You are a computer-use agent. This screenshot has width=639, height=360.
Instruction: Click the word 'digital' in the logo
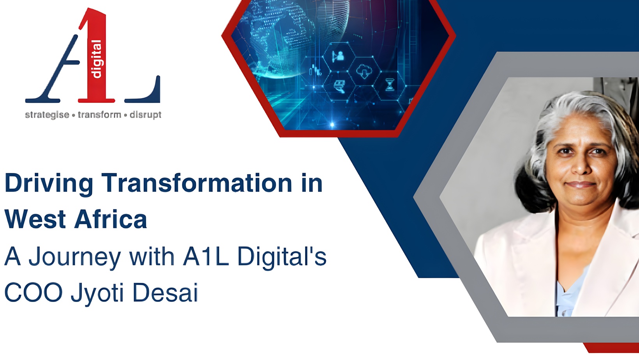tap(96, 59)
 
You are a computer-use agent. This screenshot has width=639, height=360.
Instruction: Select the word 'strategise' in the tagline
tap(47, 115)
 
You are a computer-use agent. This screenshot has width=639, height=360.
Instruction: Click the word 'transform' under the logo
tap(99, 115)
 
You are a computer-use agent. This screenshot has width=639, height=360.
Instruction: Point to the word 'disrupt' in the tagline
tap(145, 115)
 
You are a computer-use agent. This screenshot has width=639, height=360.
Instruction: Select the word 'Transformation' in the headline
tap(197, 183)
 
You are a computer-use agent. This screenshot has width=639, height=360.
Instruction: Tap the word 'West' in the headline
tap(35, 219)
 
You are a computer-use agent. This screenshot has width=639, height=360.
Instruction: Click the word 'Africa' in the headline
tap(111, 219)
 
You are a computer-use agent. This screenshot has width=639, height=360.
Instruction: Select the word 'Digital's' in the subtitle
tap(282, 257)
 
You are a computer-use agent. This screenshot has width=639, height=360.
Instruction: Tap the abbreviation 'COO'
tap(34, 293)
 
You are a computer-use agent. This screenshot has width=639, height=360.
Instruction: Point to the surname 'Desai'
tap(165, 293)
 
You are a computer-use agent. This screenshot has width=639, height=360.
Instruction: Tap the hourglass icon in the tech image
tap(390, 84)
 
